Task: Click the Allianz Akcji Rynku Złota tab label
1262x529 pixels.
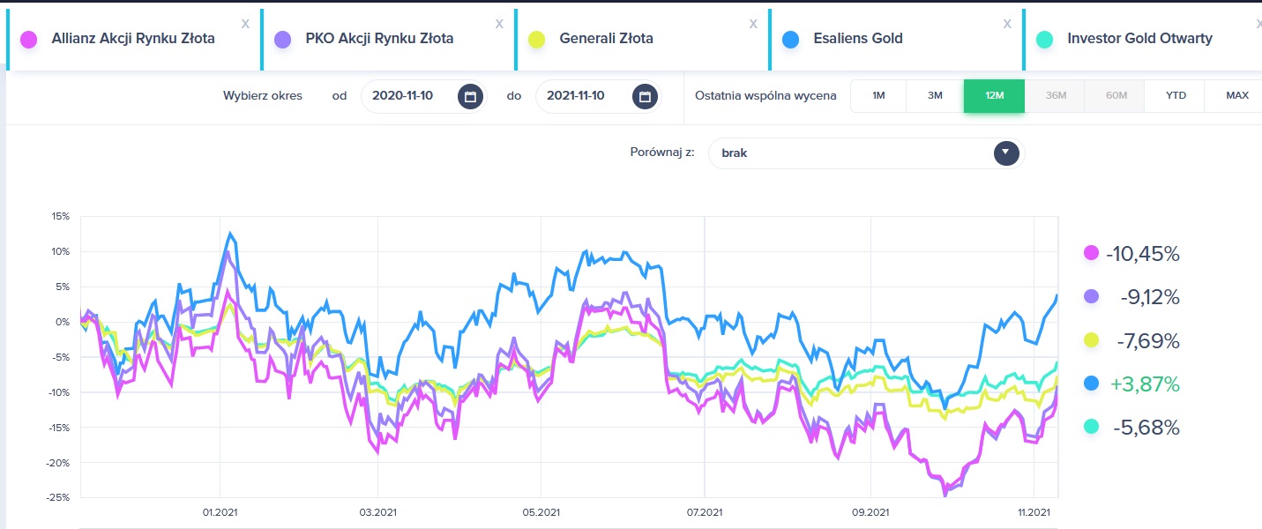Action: pyautogui.click(x=133, y=38)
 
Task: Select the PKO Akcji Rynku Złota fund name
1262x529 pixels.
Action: pyautogui.click(x=379, y=38)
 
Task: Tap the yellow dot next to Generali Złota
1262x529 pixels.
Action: pyautogui.click(x=536, y=40)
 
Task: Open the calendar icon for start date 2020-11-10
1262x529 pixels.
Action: pyautogui.click(x=470, y=96)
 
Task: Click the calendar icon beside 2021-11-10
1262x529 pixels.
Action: pyautogui.click(x=645, y=96)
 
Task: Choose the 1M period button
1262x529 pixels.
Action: pyautogui.click(x=878, y=95)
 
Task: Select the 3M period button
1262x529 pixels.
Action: pyautogui.click(x=935, y=95)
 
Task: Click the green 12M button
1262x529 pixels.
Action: pyautogui.click(x=994, y=95)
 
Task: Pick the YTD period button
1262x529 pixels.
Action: pyautogui.click(x=1176, y=95)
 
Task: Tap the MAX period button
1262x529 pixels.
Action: pyautogui.click(x=1236, y=95)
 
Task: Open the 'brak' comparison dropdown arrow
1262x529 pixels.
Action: pyautogui.click(x=1006, y=153)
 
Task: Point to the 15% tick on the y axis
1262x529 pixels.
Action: pyautogui.click(x=60, y=216)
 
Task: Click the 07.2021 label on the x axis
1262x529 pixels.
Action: pyautogui.click(x=705, y=512)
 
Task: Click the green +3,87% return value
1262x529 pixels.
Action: pyautogui.click(x=1144, y=384)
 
